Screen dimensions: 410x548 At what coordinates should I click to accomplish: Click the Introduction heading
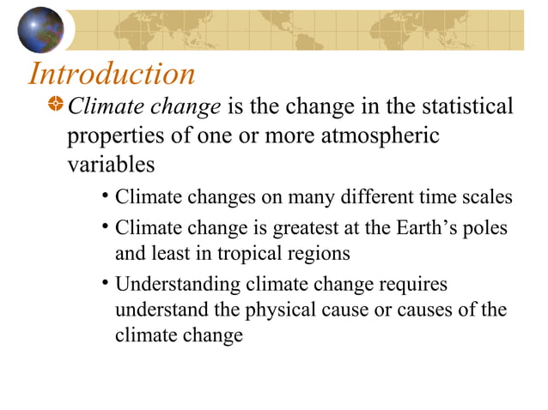tap(113, 74)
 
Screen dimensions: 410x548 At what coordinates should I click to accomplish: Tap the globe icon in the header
tap(40, 30)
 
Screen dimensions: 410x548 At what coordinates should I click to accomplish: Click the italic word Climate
tap(100, 106)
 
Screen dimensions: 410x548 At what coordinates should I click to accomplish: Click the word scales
tap(488, 198)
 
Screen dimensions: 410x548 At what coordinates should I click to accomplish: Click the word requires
tap(410, 284)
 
